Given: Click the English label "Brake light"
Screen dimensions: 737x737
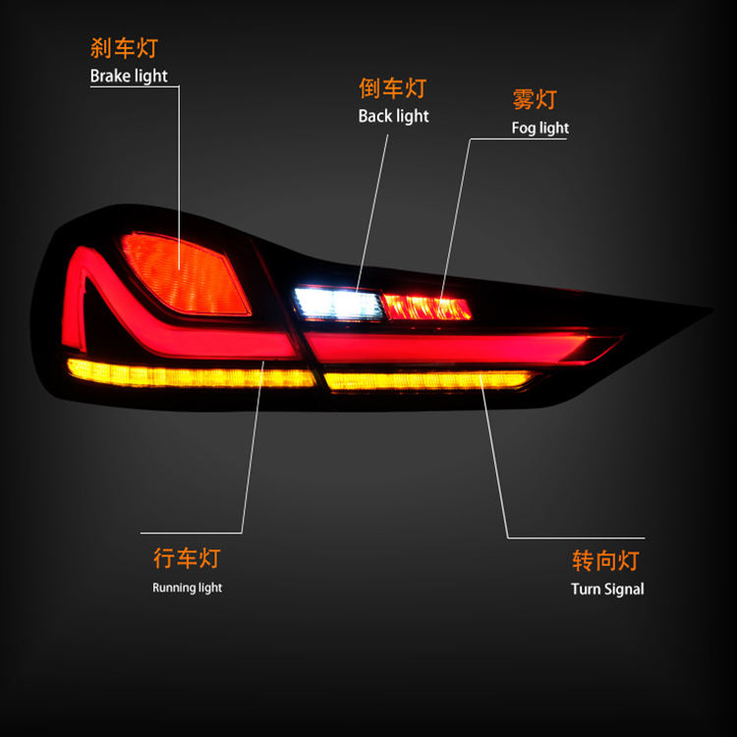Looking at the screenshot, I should pos(129,76).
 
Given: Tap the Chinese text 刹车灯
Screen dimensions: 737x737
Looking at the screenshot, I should pos(124,47).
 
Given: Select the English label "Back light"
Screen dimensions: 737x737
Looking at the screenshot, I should pos(393,116).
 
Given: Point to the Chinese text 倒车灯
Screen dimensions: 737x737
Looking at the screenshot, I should pos(393,87).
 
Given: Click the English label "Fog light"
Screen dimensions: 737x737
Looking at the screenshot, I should pos(539,128).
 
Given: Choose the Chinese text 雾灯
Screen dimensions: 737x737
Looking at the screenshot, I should pos(535,99).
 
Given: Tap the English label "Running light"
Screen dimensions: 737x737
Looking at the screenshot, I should pos(187,588).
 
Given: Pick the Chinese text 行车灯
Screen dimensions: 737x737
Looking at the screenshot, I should pos(187,559).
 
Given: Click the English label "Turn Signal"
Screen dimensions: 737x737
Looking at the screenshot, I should pos(607,590).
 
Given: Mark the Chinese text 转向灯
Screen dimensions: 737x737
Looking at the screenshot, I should pos(605,561).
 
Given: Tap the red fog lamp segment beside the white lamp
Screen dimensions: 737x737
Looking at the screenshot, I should pos(426,307).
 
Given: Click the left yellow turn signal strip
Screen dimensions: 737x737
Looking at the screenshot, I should pos(187,374).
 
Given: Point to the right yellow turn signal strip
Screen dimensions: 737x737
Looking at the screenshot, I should pos(427,379).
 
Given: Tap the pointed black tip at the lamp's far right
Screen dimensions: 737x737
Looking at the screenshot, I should pos(704,312).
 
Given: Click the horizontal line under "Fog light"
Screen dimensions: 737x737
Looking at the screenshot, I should pos(519,139).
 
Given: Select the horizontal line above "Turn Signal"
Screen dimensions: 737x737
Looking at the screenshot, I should pos(576,538).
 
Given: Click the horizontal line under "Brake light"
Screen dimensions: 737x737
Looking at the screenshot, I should pos(135,86).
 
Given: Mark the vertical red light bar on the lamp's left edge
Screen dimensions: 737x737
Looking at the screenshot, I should pos(74,295).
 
